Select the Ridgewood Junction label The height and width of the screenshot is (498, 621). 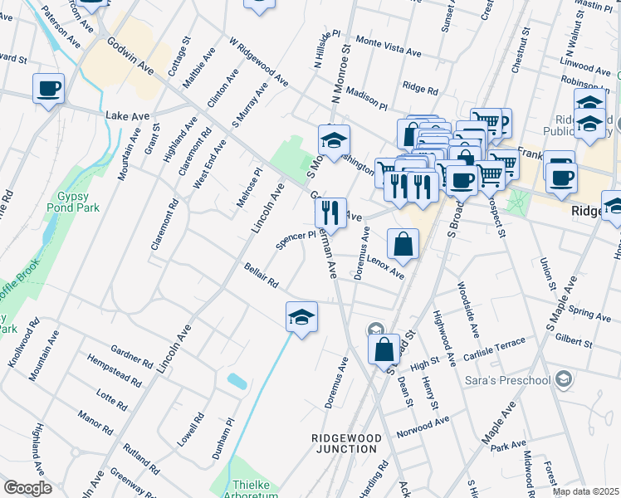point(347,442)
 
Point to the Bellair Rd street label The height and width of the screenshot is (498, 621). point(261,276)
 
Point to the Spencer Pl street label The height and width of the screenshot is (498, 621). point(296,240)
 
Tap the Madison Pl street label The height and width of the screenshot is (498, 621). point(367,99)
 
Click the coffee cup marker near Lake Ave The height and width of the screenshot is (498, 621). point(49,88)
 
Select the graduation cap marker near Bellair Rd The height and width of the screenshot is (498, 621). point(301,317)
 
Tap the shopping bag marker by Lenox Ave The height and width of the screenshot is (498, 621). point(403,244)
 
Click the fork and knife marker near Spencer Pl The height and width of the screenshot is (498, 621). point(330,212)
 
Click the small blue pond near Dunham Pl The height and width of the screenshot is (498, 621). point(237,381)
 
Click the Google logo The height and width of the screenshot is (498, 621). point(27,488)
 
